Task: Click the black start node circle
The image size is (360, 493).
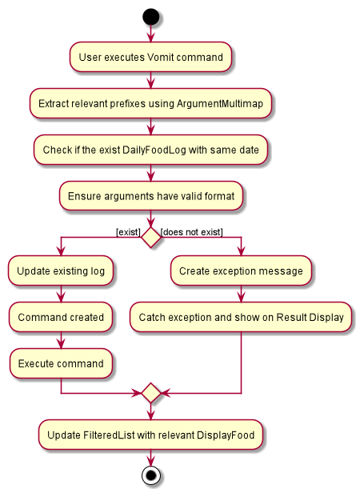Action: [151, 17]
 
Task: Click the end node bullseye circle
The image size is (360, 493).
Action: [151, 475]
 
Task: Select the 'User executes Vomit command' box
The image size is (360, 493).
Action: [150, 57]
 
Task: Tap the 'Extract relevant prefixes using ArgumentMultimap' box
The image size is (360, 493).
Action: [150, 103]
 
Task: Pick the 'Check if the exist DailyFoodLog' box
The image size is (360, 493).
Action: [150, 150]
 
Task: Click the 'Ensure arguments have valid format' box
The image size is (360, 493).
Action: [151, 196]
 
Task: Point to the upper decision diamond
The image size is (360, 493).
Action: [151, 238]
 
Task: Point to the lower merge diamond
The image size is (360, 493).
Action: [151, 393]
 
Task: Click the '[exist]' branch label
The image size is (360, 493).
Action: [128, 232]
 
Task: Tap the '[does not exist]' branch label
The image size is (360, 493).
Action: [192, 232]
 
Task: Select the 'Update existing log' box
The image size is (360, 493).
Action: [61, 271]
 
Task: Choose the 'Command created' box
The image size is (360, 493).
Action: [61, 317]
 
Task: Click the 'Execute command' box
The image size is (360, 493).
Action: [61, 363]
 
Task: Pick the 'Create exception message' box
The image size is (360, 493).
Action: [241, 271]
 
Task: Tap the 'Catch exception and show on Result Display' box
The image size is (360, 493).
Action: [241, 317]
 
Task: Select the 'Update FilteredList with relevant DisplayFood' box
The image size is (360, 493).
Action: [150, 435]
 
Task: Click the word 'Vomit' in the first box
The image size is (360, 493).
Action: [160, 58]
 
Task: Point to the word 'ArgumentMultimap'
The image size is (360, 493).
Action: [220, 103]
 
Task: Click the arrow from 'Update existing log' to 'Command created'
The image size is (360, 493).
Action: [61, 294]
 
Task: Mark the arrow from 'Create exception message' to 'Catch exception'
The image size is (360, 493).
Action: [241, 294]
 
